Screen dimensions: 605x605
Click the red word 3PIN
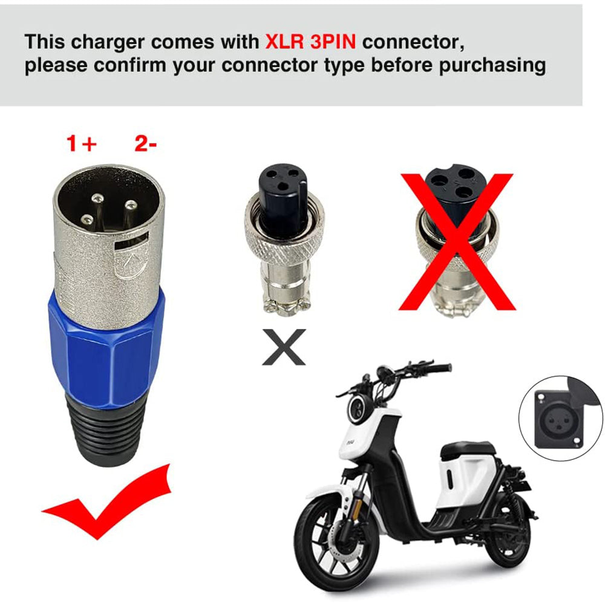[x=333, y=42]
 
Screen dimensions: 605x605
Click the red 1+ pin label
[x=81, y=143]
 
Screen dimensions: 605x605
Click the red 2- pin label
[x=145, y=143]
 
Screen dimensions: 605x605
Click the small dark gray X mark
[x=284, y=347]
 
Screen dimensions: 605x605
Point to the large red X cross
[x=457, y=242]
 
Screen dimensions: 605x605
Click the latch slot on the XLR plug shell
[x=131, y=241]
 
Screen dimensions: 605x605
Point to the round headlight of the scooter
[x=359, y=409]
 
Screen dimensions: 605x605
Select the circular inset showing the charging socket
[x=561, y=418]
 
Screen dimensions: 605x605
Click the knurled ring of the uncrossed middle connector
[x=284, y=241]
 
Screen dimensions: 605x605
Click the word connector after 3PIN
[x=413, y=42]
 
